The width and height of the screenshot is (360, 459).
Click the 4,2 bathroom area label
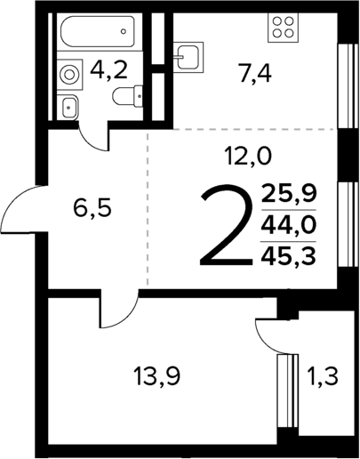(x=111, y=70)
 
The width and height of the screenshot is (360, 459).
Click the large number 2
(x=225, y=226)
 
